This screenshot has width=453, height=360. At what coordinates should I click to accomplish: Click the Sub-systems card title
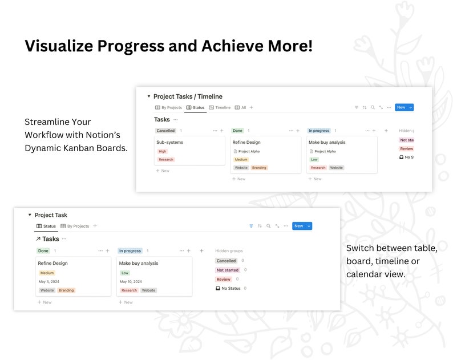click(169, 142)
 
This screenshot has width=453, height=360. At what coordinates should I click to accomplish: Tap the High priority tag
click(163, 151)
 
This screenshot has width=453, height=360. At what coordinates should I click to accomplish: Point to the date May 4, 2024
click(48, 281)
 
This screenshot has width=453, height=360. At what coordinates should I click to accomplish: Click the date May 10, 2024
click(130, 281)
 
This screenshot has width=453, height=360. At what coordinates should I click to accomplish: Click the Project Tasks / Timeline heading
click(188, 96)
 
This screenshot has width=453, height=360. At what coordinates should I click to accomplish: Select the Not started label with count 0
click(227, 270)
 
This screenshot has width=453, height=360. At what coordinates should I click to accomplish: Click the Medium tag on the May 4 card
click(47, 273)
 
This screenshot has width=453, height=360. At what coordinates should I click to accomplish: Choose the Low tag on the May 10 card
click(125, 273)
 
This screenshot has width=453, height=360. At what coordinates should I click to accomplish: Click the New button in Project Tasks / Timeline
click(401, 107)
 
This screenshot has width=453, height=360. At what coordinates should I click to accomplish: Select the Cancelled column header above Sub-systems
click(165, 131)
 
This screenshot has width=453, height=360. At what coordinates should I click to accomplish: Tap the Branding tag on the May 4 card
click(66, 290)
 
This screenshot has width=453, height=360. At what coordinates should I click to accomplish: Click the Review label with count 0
click(224, 279)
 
